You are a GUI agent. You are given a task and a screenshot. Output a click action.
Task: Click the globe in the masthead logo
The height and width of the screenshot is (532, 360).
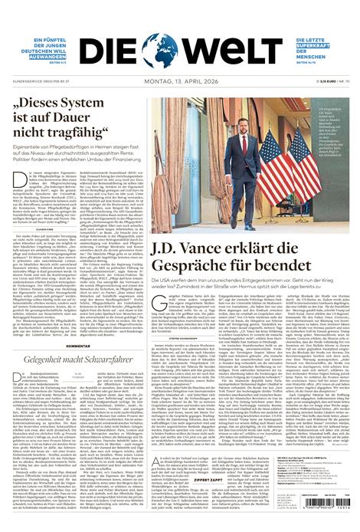point(164,50)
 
